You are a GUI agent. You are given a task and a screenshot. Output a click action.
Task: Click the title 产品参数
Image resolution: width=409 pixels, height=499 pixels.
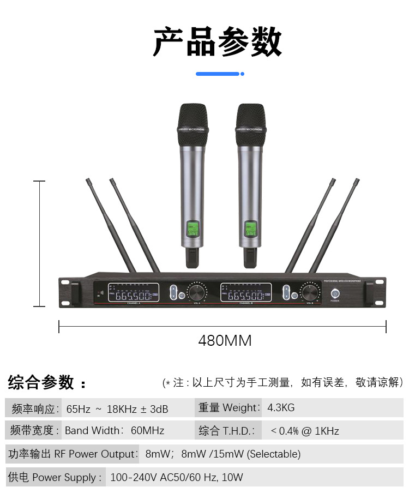[217, 42]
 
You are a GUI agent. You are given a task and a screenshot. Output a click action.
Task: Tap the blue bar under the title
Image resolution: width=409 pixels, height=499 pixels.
[218, 74]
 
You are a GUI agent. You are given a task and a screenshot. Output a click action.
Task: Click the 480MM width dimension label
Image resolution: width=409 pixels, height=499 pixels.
[225, 341]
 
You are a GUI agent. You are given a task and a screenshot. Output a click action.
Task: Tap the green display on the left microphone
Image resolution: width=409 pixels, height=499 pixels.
[193, 229]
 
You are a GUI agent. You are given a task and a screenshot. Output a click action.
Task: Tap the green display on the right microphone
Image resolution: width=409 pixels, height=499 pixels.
[250, 229]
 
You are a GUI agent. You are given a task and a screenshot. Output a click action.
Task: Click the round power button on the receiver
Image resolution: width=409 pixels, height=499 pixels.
[335, 293]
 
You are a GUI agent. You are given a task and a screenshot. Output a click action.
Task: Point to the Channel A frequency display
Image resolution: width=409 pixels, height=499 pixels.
[133, 293]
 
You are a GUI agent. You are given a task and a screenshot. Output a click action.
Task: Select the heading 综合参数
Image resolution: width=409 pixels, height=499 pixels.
[41, 382]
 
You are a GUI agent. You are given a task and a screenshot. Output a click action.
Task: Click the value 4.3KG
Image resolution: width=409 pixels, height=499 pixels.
[281, 407]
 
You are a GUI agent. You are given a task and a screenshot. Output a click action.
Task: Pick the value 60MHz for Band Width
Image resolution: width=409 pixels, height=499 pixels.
[147, 430]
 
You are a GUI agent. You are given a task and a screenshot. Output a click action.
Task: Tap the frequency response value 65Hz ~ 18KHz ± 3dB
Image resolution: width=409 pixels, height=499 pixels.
[117, 408]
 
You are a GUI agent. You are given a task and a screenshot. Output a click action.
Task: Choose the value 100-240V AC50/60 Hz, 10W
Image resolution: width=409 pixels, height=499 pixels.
[176, 477]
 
